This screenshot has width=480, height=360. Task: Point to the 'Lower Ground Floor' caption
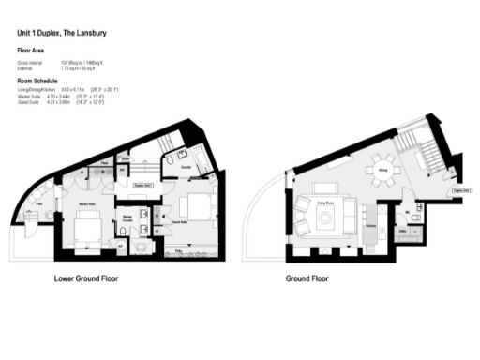86,279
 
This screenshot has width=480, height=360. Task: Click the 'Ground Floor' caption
307,279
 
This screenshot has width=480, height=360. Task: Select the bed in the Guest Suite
199,203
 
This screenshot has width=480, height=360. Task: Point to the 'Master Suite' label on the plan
90,203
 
